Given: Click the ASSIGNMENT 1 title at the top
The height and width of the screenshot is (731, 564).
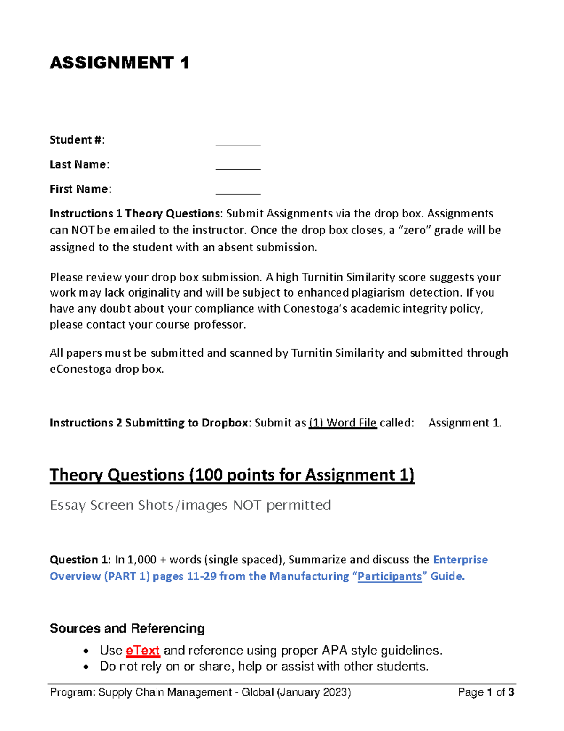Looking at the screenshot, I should pyautogui.click(x=119, y=63).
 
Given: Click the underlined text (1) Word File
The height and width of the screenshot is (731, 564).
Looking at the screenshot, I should pyautogui.click(x=343, y=423).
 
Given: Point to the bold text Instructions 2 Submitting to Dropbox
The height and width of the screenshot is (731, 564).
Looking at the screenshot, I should pyautogui.click(x=149, y=423).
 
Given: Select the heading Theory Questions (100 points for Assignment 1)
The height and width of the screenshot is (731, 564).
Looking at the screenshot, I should pyautogui.click(x=232, y=475).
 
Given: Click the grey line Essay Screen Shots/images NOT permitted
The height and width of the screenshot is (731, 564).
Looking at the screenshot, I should pyautogui.click(x=190, y=505).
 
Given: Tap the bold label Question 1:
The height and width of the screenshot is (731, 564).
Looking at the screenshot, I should pyautogui.click(x=80, y=560).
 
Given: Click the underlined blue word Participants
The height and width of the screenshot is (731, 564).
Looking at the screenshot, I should pyautogui.click(x=389, y=577).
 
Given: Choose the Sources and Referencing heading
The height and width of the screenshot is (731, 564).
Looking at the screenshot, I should pyautogui.click(x=127, y=628).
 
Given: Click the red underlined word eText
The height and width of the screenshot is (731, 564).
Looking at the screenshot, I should pyautogui.click(x=143, y=651).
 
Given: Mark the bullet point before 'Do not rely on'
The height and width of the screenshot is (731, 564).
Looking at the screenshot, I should pyautogui.click(x=86, y=667).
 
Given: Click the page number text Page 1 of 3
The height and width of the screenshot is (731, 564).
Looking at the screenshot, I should pyautogui.click(x=486, y=692).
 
